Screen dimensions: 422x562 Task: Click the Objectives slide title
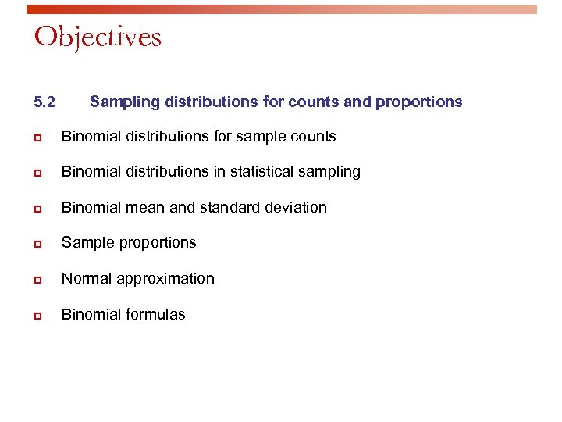(x=98, y=37)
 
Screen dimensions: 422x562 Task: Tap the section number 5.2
(x=45, y=102)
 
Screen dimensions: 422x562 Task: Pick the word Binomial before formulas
(x=91, y=315)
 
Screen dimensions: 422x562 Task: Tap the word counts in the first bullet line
(x=315, y=137)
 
